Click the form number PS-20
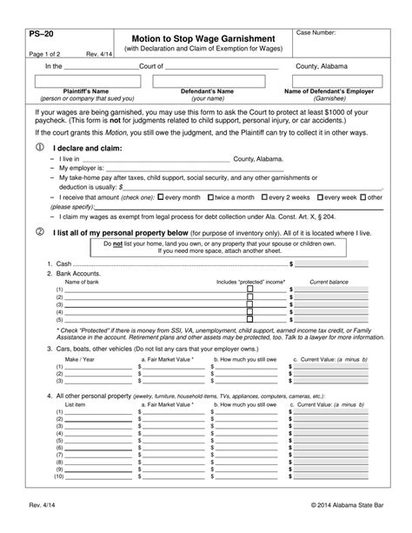point(42,36)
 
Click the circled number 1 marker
point(38,148)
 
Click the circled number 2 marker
point(38,233)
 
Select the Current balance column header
point(329,282)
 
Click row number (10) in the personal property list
point(58,476)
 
